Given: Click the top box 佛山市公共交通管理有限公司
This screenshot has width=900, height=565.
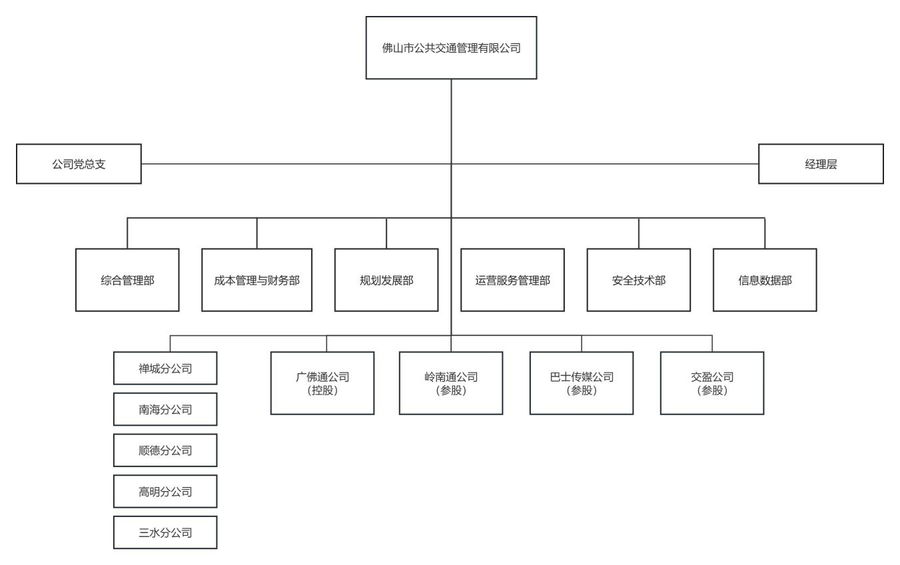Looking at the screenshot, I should click(x=451, y=48).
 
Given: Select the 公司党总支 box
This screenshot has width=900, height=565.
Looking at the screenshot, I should click(x=79, y=164).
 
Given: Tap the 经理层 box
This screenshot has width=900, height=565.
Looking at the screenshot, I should click(x=821, y=164).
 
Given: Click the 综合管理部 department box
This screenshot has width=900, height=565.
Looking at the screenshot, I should click(x=127, y=280).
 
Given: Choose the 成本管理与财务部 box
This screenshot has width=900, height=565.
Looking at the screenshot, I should click(x=256, y=280).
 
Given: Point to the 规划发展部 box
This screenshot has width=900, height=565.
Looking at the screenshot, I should click(x=386, y=280).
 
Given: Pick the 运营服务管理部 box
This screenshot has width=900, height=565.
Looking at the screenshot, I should click(x=512, y=280).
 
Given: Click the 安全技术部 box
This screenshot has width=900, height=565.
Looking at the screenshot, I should click(x=638, y=280).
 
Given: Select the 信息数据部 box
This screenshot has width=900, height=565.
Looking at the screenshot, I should click(x=765, y=280).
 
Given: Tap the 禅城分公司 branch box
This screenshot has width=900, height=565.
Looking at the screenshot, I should click(x=165, y=368).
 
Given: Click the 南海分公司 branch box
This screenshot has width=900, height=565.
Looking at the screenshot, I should click(x=165, y=409).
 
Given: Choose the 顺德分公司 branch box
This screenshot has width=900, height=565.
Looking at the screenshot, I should click(x=165, y=450).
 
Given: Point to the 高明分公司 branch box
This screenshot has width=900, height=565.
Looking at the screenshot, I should click(x=165, y=492).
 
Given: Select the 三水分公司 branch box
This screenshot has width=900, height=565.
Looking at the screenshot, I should click(x=165, y=532).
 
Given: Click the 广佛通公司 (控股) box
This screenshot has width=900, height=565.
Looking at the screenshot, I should click(x=322, y=383).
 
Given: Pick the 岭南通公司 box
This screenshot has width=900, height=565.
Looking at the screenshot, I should click(x=451, y=383).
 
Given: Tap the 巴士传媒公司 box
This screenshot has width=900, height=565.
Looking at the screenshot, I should click(x=582, y=383).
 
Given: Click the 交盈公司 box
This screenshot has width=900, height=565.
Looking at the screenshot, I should click(x=712, y=383).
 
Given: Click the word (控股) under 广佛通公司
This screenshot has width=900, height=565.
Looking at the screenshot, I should click(x=322, y=391).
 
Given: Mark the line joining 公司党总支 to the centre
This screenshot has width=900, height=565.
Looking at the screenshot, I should click(x=293, y=164).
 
